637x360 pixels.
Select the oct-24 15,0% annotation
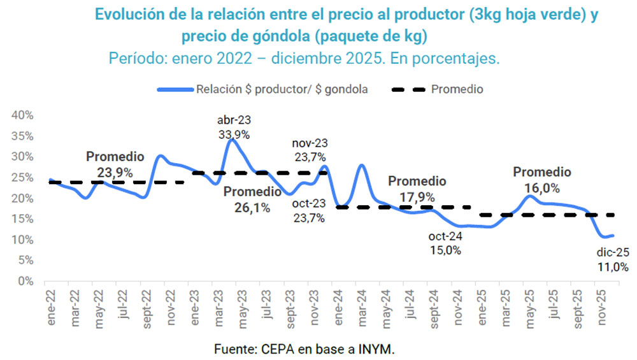tap(445, 243)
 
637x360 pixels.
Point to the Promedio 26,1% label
tap(252, 199)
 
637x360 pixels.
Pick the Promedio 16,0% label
tap(542, 180)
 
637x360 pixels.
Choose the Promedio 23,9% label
tap(115, 164)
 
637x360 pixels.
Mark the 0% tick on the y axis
tap(25, 281)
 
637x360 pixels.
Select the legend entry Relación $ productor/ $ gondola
tap(262, 89)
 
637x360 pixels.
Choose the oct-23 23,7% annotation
tap(309, 210)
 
